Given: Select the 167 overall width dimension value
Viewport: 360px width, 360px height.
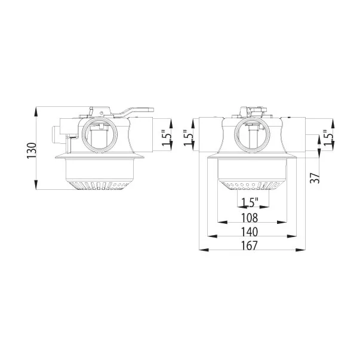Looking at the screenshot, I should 250,245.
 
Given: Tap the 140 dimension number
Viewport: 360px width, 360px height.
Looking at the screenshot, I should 250,231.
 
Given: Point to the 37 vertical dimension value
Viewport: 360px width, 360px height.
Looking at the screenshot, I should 316,177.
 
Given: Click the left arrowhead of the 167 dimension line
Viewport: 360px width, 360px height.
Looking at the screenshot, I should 201,251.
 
